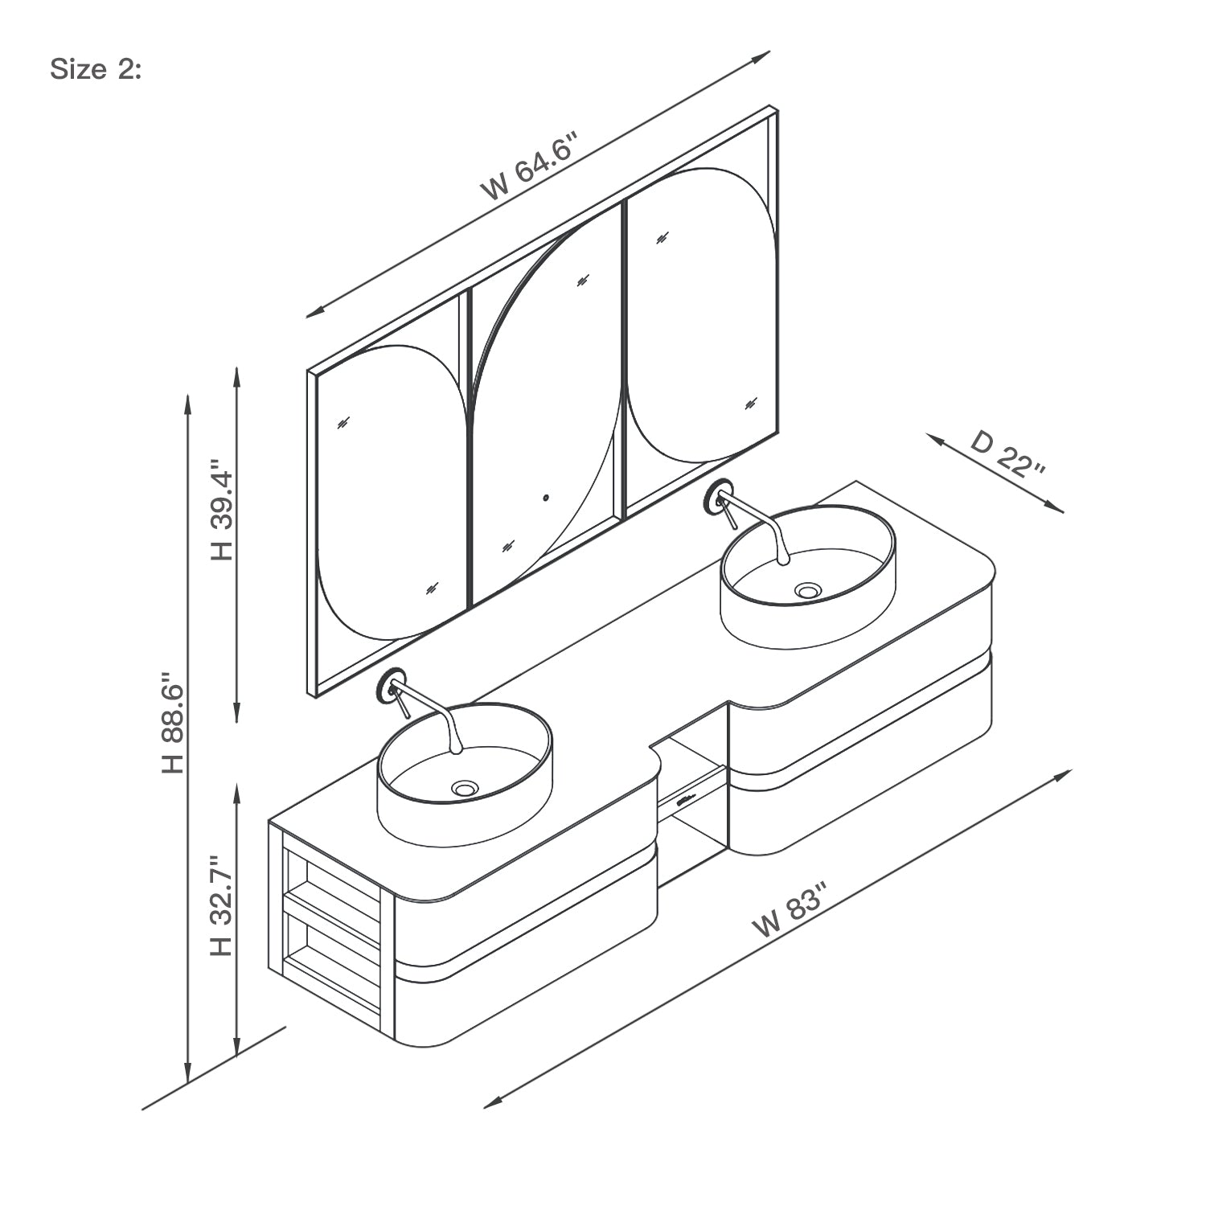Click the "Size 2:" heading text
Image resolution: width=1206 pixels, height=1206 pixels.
pyautogui.click(x=96, y=70)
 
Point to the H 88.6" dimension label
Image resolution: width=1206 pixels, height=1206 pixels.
pyautogui.click(x=173, y=723)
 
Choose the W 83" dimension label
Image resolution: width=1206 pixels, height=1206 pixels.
pyautogui.click(x=791, y=910)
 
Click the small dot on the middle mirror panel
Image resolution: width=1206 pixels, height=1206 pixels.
pyautogui.click(x=546, y=497)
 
